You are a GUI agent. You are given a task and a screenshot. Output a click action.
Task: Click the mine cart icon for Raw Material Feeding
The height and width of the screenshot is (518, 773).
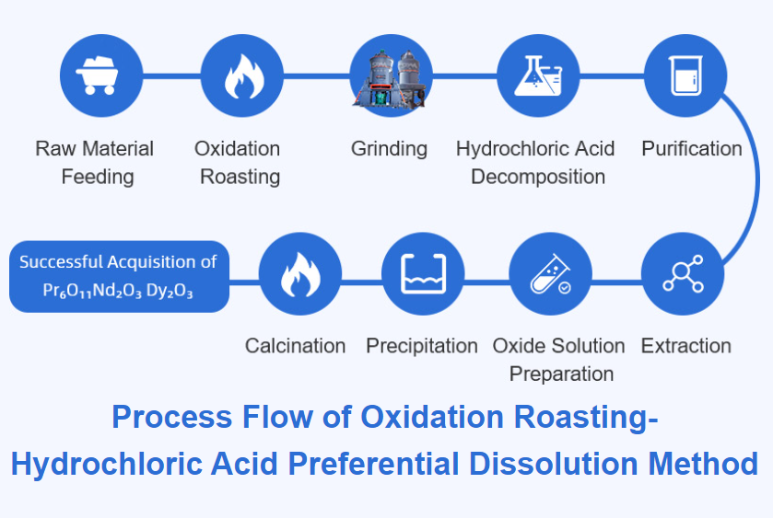(98, 75)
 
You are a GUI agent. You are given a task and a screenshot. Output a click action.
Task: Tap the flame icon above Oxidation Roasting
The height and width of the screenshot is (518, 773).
(244, 76)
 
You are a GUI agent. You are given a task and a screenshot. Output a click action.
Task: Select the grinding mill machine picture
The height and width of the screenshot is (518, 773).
(390, 78)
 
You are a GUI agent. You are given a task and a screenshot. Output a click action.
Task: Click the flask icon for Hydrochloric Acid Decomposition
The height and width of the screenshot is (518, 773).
(538, 75)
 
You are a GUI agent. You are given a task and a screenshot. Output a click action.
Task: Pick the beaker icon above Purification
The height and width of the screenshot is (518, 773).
(685, 75)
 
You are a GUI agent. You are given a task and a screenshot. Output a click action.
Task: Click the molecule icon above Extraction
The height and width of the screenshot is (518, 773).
(684, 274)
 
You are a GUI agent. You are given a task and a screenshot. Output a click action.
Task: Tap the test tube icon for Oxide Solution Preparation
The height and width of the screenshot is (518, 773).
(551, 274)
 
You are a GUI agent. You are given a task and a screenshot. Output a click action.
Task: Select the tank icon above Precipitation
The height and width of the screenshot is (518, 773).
(424, 274)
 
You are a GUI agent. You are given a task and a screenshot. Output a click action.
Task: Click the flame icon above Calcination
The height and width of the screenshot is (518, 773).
(300, 275)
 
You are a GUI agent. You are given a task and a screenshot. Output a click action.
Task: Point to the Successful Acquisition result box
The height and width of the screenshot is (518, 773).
(119, 276)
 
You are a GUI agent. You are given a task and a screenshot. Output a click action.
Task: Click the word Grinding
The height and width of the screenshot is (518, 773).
(389, 149)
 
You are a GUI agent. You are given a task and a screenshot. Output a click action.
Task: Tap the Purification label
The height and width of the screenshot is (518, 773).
(692, 148)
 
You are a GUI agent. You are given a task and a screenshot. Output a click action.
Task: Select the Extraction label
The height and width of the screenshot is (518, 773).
(685, 346)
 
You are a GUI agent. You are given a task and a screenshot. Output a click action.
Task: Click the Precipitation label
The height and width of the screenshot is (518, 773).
(422, 346)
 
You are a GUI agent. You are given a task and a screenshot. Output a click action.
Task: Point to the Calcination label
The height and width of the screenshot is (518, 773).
(296, 346)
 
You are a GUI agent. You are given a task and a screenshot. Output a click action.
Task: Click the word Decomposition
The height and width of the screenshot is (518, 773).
(538, 177)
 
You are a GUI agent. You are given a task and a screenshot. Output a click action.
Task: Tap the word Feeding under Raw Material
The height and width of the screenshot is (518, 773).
(98, 177)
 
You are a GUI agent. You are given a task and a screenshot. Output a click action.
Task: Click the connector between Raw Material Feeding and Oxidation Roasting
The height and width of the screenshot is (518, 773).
(172, 75)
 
